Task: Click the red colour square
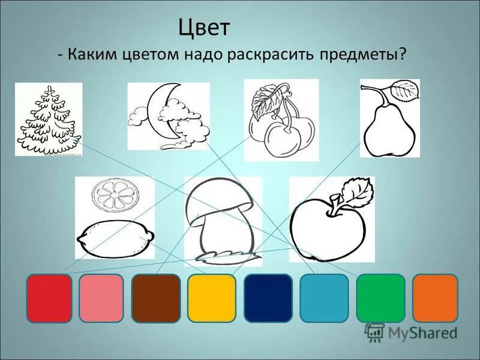click(49, 298)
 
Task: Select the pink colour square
click(101, 298)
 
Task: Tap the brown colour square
click(156, 298)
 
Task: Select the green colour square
click(380, 298)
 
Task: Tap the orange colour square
click(435, 298)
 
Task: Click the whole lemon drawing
click(115, 240)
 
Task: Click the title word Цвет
click(205, 28)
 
